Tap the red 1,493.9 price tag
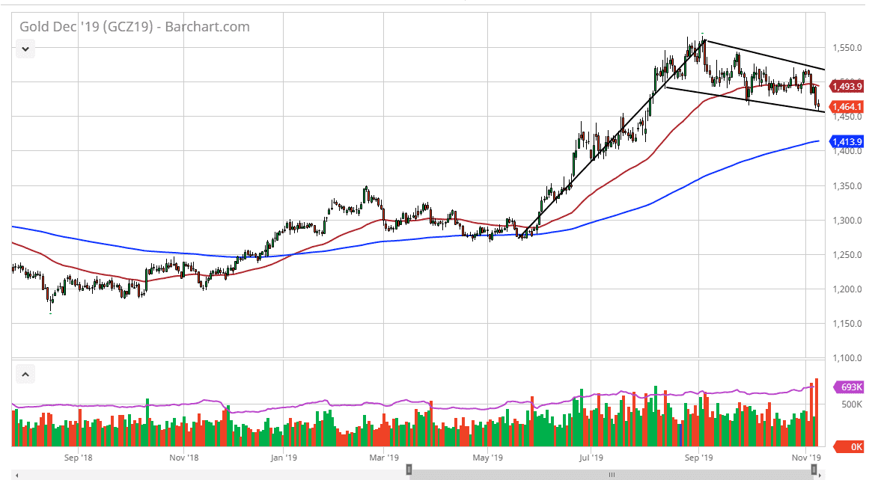coord(847,87)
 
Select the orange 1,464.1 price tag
coord(847,107)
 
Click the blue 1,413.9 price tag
coord(847,141)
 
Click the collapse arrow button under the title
coord(25,49)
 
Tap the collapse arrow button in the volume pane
coord(25,374)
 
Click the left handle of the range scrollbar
coord(409,470)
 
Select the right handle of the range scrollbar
coord(814,470)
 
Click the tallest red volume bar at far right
coord(816,411)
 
